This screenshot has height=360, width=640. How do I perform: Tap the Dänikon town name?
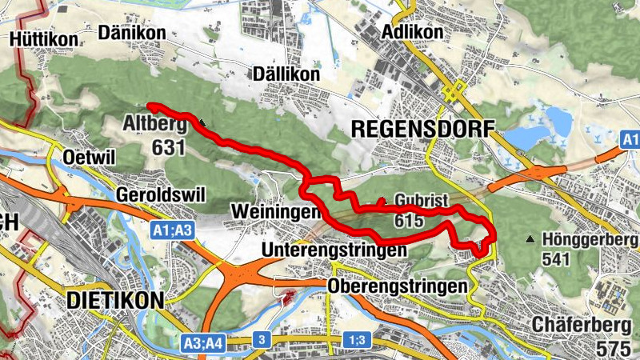click(132, 33)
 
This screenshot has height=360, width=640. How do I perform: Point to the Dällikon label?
click(286, 74)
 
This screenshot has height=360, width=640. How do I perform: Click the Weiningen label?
click(275, 211)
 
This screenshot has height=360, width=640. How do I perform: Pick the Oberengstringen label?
click(397, 286)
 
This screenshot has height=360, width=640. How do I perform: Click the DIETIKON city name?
click(115, 301)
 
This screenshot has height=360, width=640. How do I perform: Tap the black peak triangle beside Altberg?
click(203, 123)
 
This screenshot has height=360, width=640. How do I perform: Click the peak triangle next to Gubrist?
click(382, 200)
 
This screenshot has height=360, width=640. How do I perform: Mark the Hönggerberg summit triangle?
click(530, 238)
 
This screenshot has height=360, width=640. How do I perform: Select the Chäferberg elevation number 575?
click(616, 350)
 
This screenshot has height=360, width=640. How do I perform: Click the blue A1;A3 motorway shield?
click(172, 231)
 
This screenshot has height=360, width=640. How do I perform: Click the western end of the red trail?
click(150, 106)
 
